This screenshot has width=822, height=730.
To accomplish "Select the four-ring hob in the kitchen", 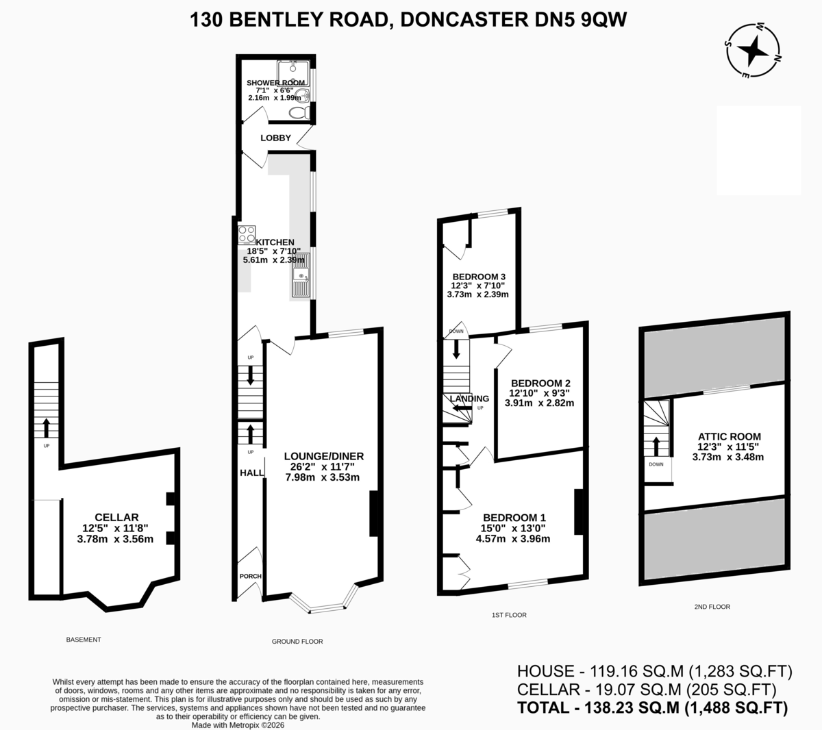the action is pos(247,235).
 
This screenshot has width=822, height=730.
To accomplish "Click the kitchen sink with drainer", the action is pos(301,275).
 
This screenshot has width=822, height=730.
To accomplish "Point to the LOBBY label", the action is pos(275,138).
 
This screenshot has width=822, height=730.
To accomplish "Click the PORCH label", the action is pos(250,577).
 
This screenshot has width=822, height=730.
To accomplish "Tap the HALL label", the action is pos(251,473).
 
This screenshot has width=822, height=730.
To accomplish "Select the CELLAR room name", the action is pos(116,517).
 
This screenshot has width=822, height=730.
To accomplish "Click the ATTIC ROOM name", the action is pos(729,437).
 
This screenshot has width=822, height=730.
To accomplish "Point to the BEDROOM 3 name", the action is pos(479,277).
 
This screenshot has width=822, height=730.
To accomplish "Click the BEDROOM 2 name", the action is pos(540,383).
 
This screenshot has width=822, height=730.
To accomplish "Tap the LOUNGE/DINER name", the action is pos(324,456).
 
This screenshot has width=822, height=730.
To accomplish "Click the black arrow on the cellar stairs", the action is pos(47,427).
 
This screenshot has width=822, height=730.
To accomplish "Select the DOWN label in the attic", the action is pos(656,464).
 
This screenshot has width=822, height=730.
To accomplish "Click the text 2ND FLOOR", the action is pos(712,607).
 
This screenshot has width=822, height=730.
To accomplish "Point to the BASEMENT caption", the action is pos(84,640).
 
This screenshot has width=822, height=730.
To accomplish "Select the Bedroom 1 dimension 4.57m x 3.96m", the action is pos(513,539).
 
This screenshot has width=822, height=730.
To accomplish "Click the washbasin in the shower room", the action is pos(302,96).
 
